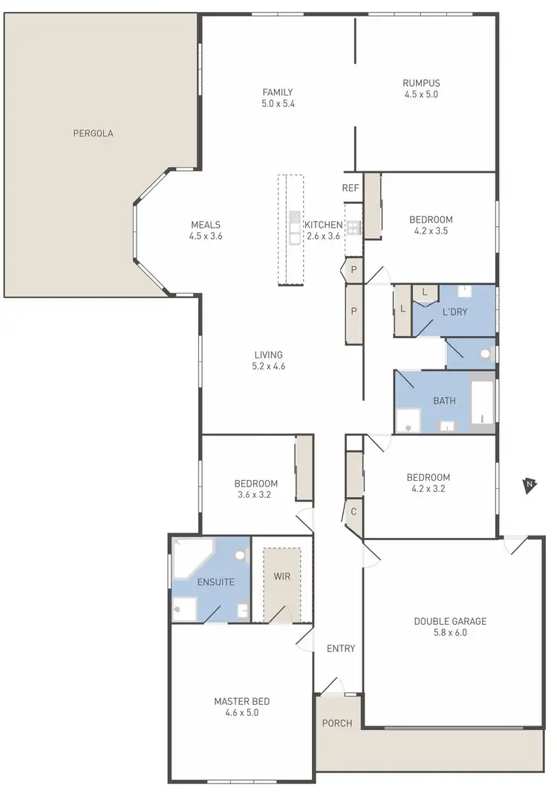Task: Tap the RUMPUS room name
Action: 421,83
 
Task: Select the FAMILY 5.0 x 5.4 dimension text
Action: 278,105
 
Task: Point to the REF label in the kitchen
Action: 351,188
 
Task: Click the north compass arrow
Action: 529,485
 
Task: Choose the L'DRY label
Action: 455,312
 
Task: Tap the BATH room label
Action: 444,401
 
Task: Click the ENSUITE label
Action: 216,582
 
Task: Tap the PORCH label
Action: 337,723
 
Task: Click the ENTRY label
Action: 341,648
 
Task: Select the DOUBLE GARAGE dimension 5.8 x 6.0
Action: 449,633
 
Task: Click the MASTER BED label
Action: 241,701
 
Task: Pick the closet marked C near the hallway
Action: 354,511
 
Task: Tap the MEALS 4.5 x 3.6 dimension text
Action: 206,237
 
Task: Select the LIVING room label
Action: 268,355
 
